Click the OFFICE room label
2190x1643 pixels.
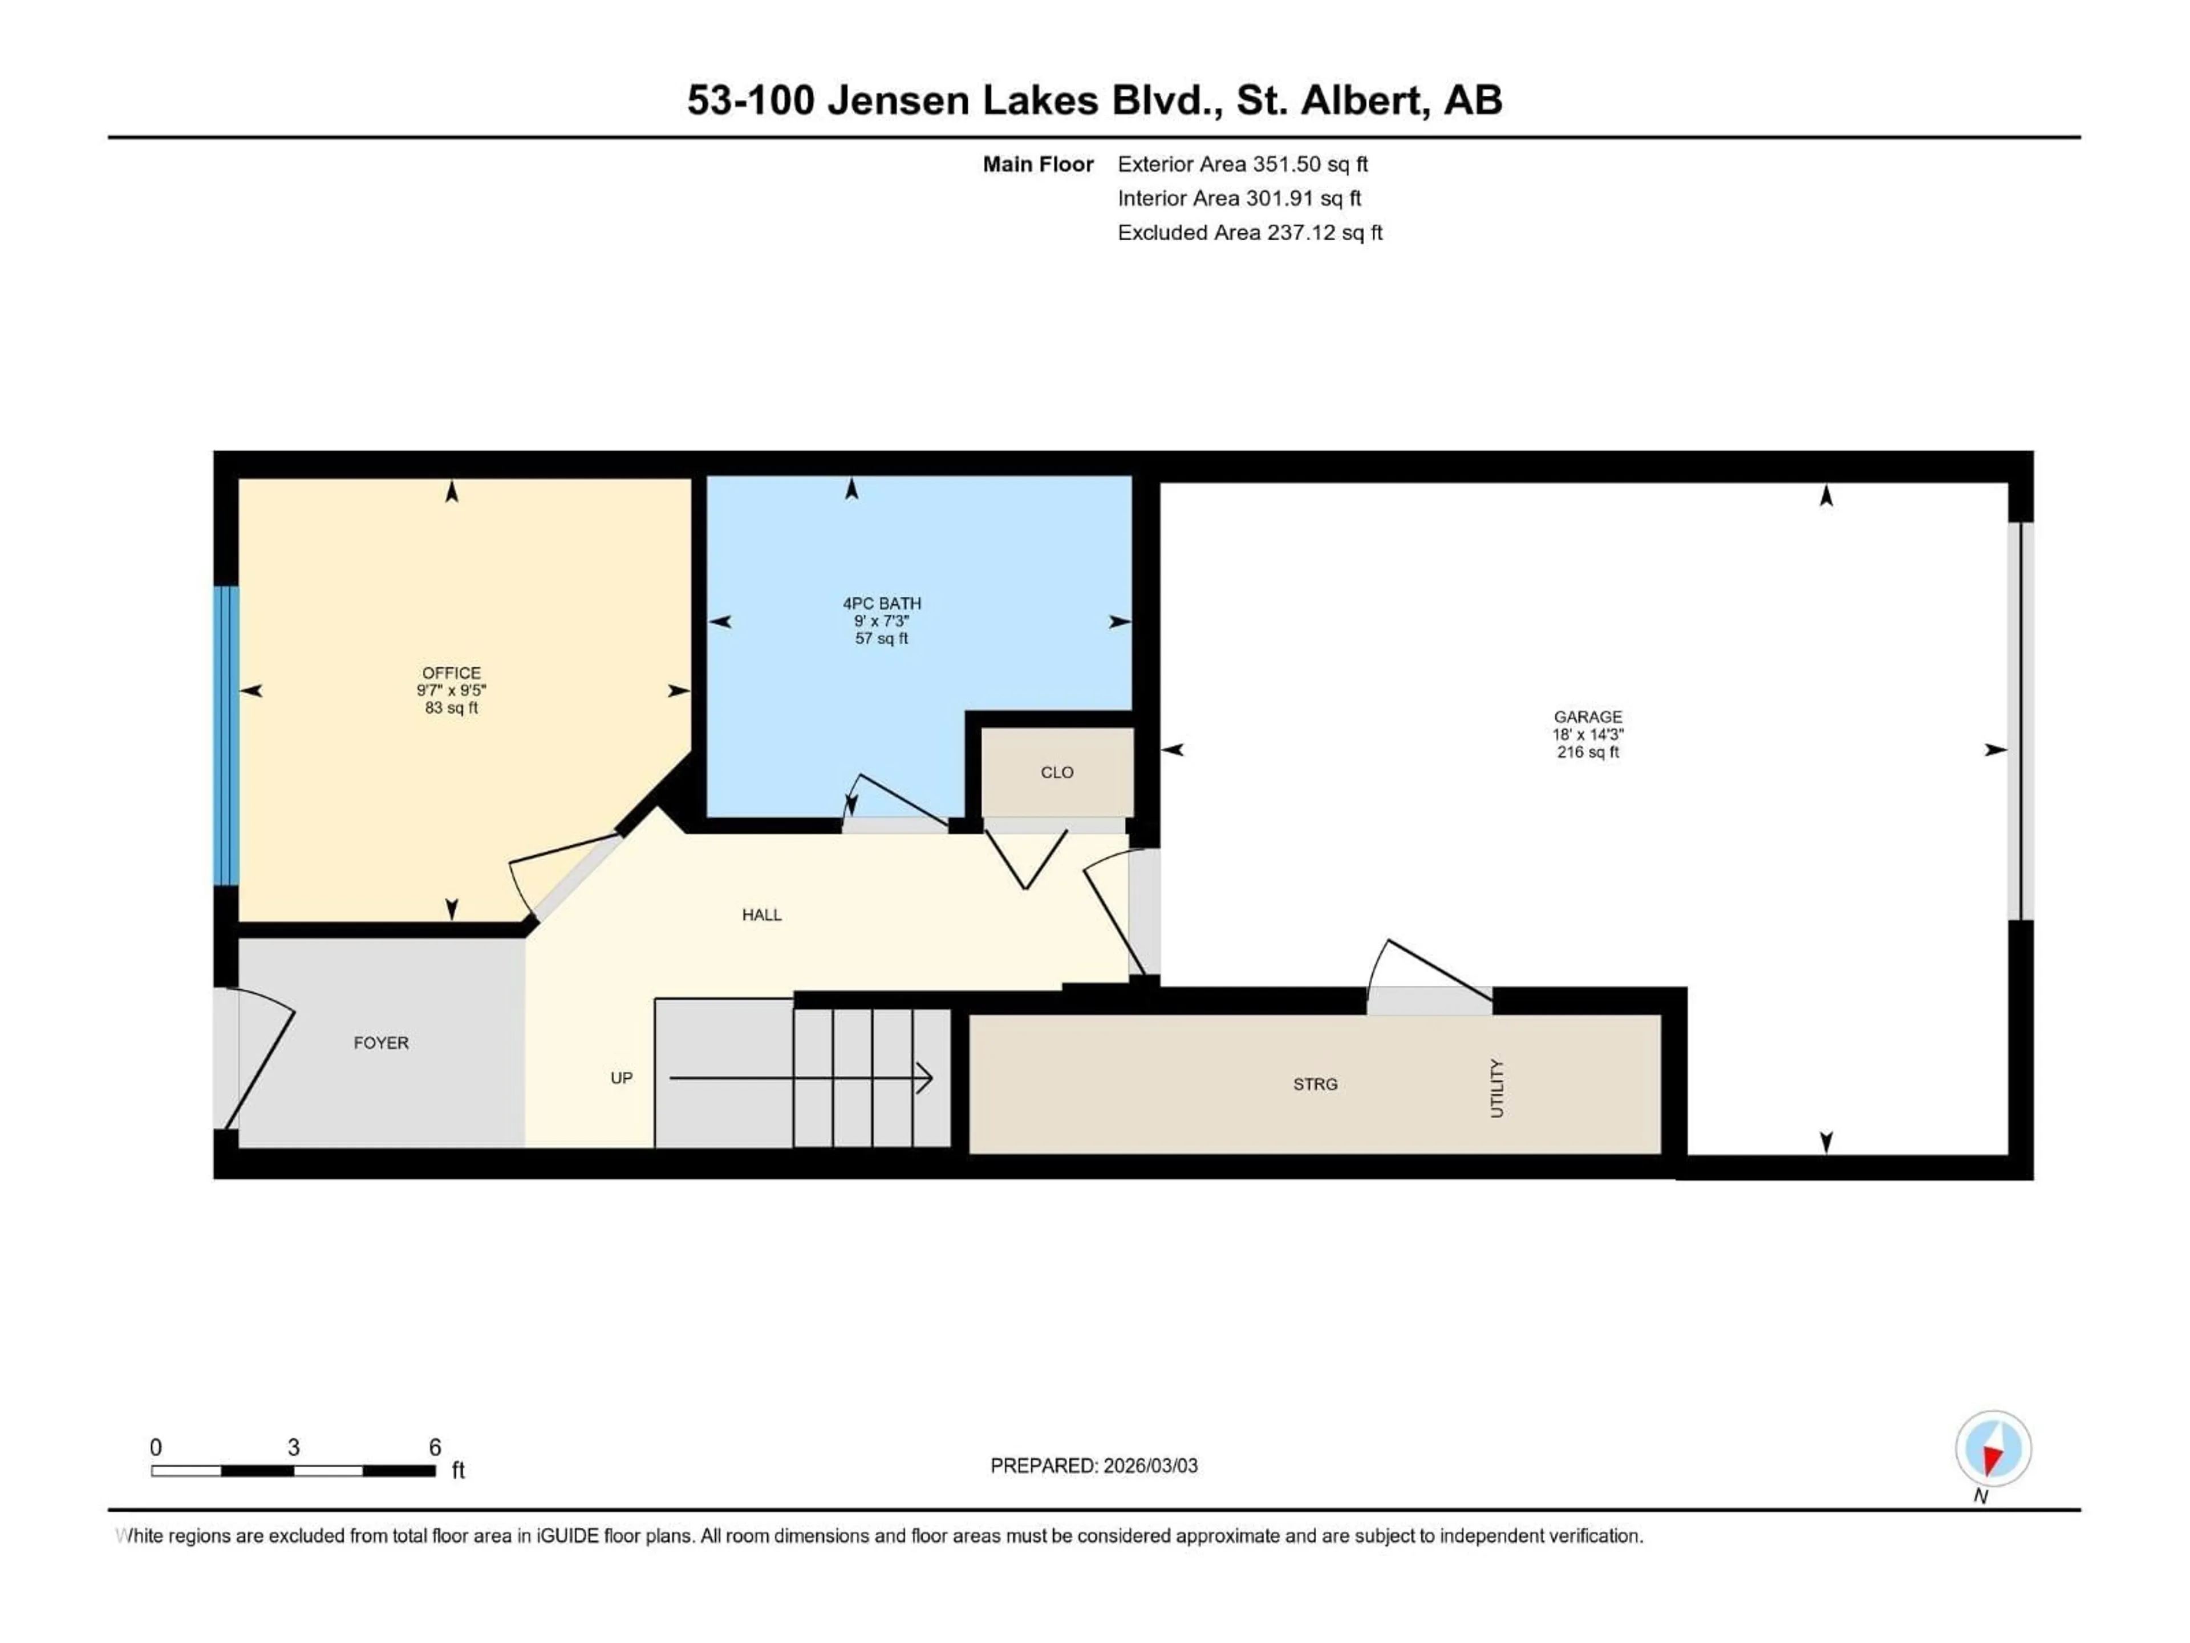(x=452, y=673)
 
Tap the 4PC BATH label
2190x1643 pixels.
(x=881, y=603)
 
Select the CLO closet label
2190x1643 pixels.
(x=1056, y=772)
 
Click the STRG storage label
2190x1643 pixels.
(x=1315, y=1084)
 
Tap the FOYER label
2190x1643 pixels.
(x=381, y=1043)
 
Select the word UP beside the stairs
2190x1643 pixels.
(x=620, y=1078)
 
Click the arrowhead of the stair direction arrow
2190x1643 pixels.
(x=924, y=1078)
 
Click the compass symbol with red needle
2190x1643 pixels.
(x=1993, y=1449)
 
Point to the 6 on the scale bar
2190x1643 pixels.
(x=435, y=1447)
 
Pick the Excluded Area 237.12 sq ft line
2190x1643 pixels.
(x=1250, y=233)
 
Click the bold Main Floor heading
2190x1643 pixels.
(x=1037, y=164)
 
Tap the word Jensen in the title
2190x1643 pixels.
(x=897, y=100)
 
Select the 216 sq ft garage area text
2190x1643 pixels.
(x=1587, y=752)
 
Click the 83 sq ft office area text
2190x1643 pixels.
(x=452, y=708)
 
